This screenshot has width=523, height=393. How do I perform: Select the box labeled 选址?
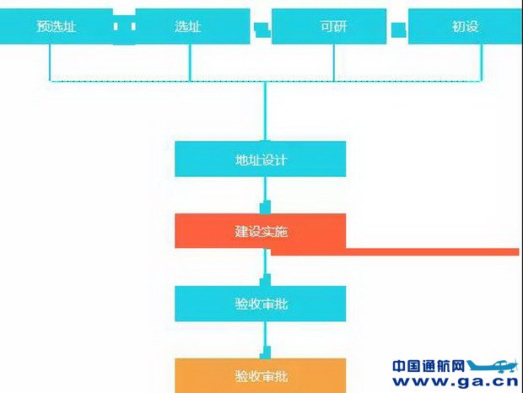click(188, 26)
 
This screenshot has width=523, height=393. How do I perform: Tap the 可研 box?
click(333, 26)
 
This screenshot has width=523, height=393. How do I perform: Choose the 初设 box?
click(465, 26)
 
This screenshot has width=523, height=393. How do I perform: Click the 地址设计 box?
click(261, 159)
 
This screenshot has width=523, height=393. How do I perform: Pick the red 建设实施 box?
click(261, 230)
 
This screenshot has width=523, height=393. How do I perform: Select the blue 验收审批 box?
click(261, 304)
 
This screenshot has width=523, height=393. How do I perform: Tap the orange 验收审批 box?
click(261, 375)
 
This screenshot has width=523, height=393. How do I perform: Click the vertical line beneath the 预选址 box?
click(50, 62)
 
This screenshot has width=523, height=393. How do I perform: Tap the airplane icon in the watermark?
click(493, 368)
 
